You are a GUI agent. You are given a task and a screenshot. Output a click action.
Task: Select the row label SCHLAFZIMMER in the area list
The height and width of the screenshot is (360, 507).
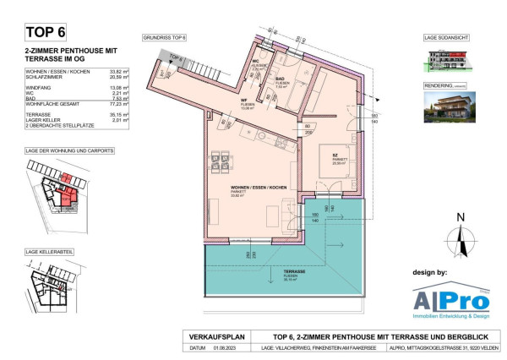[45, 79]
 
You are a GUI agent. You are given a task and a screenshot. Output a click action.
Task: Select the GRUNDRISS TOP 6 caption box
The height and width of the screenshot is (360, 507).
[165, 38]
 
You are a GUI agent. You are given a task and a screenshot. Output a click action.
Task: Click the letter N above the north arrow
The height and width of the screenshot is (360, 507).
[461, 217]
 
